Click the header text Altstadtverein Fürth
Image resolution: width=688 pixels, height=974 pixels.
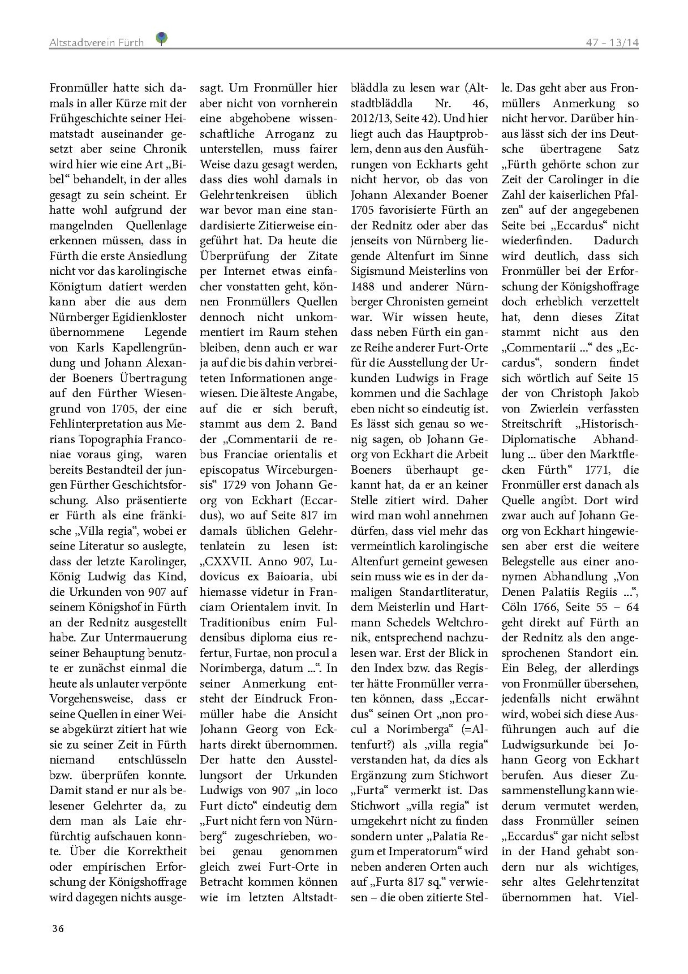(96, 43)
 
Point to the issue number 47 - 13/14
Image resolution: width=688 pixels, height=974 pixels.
(612, 43)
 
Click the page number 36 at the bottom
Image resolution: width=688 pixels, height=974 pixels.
(58, 928)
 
